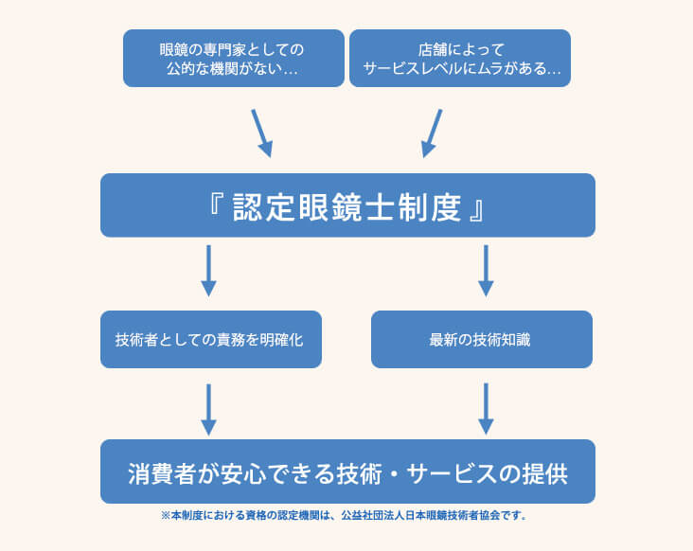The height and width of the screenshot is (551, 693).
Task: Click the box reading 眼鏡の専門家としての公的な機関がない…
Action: coord(234,58)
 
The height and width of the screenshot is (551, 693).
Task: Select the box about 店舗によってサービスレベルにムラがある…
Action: coord(460,58)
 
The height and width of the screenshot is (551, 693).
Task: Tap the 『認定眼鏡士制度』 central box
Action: coord(347,205)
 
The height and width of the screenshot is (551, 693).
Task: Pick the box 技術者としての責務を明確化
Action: coord(210,339)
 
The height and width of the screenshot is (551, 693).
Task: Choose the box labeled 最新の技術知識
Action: coord(481,339)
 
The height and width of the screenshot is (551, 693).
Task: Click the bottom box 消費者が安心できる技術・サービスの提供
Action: coord(347,471)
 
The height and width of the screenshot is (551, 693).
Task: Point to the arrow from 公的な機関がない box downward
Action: coord(261,133)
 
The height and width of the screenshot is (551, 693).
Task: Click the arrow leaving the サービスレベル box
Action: coord(432,133)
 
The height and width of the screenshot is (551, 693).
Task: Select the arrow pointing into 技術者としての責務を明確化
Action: coord(209,271)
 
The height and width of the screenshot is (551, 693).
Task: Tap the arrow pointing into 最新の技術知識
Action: coord(486,271)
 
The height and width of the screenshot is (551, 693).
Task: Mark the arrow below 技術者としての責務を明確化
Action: coord(209,408)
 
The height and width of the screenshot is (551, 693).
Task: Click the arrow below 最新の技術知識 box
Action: coord(486,408)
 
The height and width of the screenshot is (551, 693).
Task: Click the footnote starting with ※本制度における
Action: coord(344,517)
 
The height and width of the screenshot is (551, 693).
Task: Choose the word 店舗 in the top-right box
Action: coord(430,48)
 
